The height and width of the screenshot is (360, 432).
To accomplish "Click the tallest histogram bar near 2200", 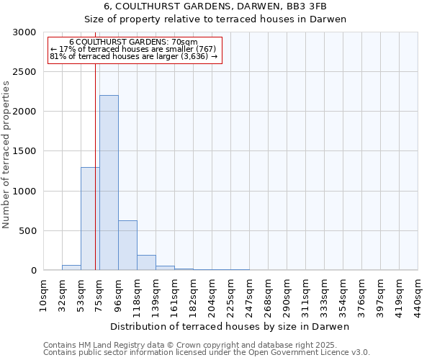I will [109, 183].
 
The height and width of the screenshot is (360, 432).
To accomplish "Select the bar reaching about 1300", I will [90, 219].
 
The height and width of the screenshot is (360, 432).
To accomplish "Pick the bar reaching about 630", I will [127, 246].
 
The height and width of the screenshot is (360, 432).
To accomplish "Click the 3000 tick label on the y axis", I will [24, 32].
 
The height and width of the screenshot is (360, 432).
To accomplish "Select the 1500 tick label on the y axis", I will [24, 151].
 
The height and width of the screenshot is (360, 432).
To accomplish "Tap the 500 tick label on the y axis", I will [27, 231].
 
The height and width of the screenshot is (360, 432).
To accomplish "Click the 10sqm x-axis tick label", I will [43, 295].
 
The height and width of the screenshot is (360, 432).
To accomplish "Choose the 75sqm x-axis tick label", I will [99, 295].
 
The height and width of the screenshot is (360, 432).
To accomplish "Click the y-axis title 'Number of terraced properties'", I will [6, 155].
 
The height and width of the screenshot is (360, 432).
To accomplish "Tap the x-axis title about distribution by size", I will [230, 327].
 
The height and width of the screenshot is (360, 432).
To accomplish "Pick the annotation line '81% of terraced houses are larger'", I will [135, 56].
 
